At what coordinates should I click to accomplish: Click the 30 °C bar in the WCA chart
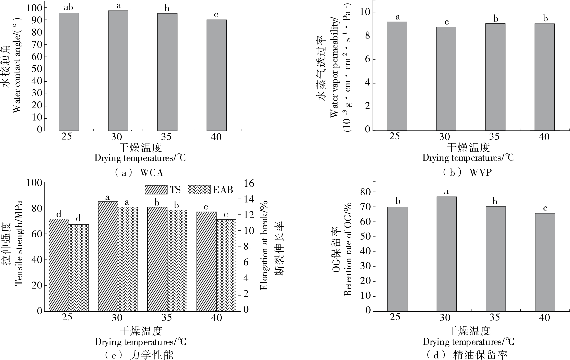[x=118, y=71]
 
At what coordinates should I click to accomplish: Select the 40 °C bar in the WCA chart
[x=216, y=75]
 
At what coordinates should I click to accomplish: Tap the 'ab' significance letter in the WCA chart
[x=68, y=7]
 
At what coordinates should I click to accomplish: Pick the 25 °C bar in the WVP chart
[x=397, y=76]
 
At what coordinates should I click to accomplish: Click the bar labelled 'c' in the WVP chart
[x=446, y=79]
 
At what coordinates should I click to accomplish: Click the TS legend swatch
[x=156, y=190]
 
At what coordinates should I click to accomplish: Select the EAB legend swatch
[x=199, y=190]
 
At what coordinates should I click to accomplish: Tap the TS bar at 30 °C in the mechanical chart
[x=108, y=256]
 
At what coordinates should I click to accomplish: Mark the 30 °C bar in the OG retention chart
[x=446, y=254]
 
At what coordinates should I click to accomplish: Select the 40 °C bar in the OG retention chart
[x=545, y=262]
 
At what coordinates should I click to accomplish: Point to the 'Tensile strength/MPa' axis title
[x=19, y=243]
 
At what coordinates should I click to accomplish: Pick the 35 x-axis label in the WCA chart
[x=167, y=137]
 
